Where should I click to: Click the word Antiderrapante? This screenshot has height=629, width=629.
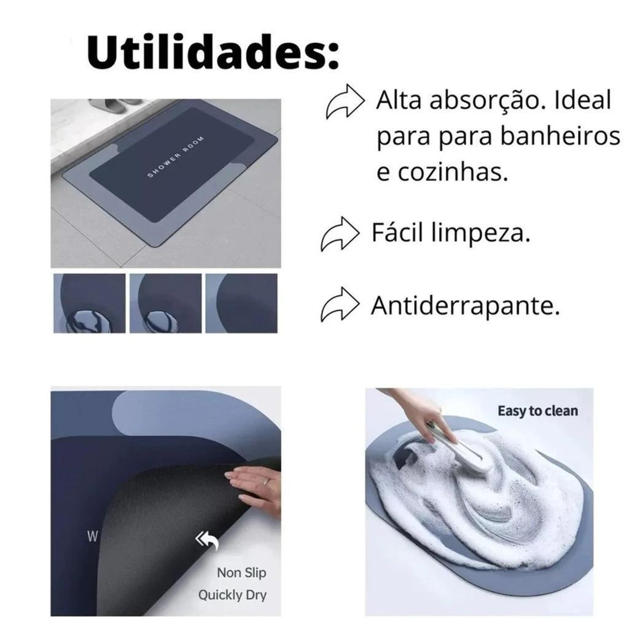(x=465, y=305)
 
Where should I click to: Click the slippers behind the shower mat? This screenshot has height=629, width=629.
(x=114, y=107)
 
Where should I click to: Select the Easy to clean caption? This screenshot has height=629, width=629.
(x=537, y=411)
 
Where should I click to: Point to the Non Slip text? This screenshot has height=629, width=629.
(x=241, y=572)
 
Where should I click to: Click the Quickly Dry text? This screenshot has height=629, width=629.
(x=232, y=595)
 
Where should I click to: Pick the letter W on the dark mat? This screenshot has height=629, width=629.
(x=92, y=536)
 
